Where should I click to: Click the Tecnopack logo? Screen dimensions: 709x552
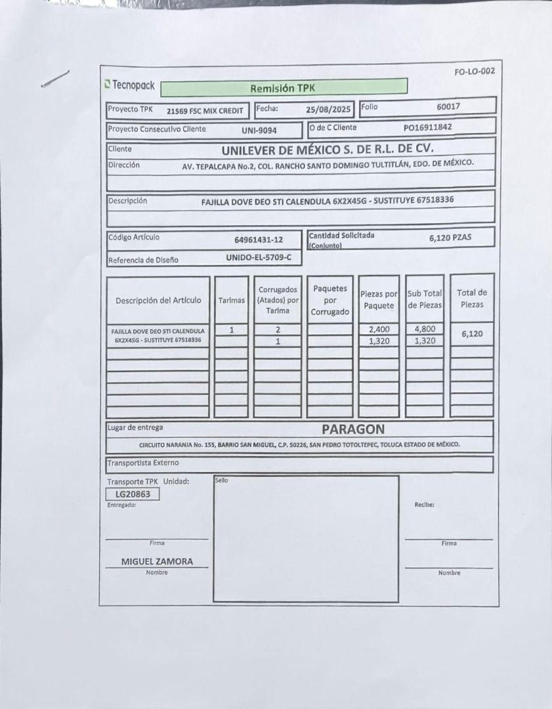coord(129,85)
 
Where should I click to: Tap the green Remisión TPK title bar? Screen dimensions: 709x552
coord(283,87)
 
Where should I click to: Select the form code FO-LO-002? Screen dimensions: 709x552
coord(474,72)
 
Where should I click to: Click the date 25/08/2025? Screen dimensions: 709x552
coord(329,109)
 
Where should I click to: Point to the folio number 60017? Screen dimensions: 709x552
coord(448,106)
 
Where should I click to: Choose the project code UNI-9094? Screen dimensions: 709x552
coord(259,130)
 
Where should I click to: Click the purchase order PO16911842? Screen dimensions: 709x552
coord(427,127)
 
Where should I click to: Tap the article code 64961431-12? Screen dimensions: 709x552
coord(259,240)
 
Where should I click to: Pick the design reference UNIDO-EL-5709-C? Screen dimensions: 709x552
coord(259,258)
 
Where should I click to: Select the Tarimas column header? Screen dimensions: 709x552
coord(232,300)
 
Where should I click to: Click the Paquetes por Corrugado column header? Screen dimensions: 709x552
coord(330,300)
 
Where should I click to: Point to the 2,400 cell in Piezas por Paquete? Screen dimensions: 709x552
coord(379,330)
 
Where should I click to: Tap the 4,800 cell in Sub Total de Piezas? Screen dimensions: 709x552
coord(425,330)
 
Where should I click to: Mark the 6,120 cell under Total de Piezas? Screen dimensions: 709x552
coord(471,334)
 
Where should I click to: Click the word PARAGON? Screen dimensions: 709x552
coord(353,429)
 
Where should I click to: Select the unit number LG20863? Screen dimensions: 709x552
coord(133,494)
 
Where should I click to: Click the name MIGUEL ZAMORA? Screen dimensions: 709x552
coord(157,562)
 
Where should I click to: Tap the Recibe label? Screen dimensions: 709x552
coord(424,505)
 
